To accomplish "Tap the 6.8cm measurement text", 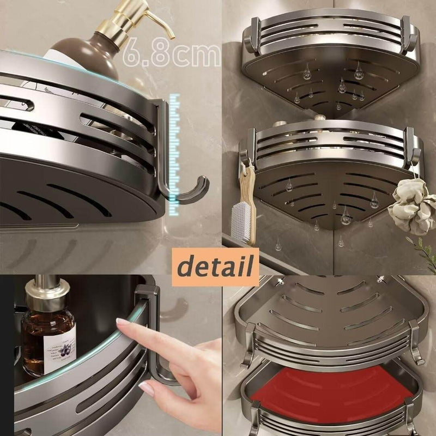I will click(172, 56).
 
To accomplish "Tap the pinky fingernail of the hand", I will click(146, 388).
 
